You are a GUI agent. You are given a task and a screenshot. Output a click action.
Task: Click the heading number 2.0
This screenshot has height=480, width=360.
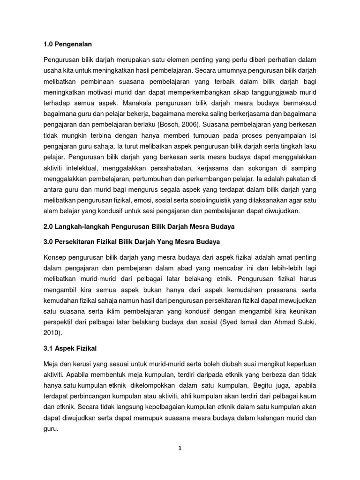(x=49, y=227)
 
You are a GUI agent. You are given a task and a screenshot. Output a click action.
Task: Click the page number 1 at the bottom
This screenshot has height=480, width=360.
(x=180, y=448)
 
